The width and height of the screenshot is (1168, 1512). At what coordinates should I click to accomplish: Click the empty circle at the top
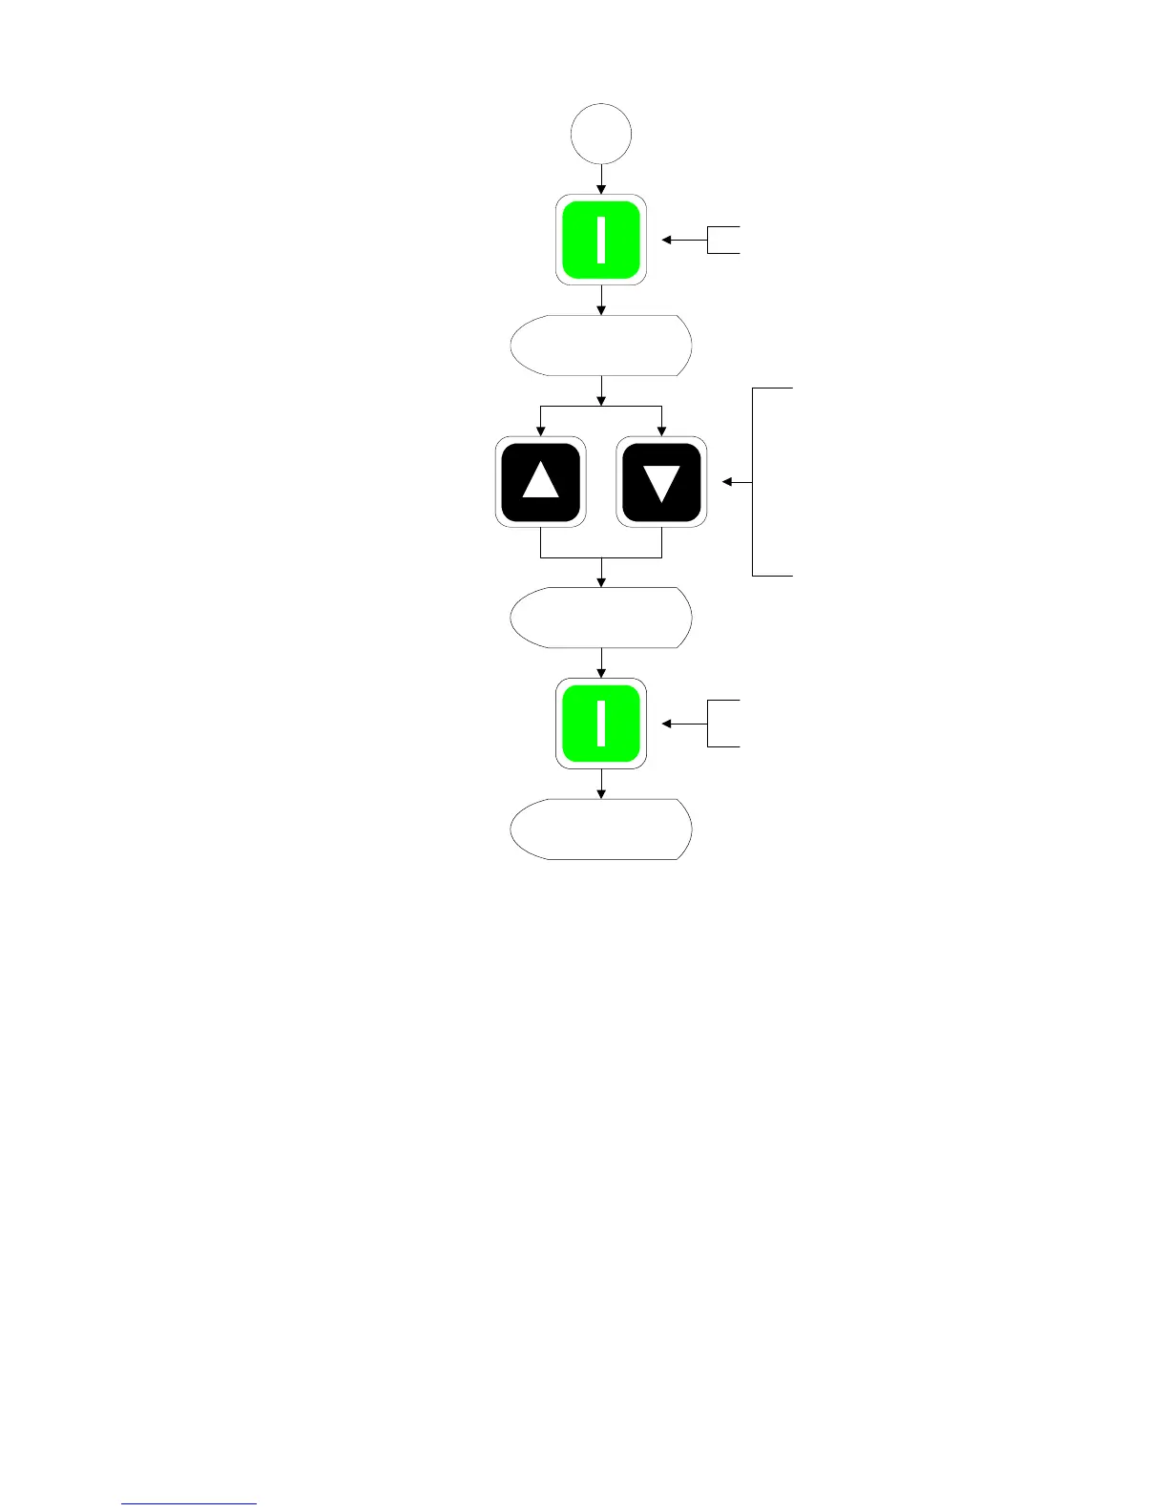pyautogui.click(x=601, y=134)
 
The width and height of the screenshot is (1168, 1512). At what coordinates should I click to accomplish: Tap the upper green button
pyautogui.click(x=601, y=240)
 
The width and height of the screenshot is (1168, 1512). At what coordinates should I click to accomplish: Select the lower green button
pyautogui.click(x=601, y=724)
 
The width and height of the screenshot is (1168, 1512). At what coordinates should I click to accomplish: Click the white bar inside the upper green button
pyautogui.click(x=601, y=240)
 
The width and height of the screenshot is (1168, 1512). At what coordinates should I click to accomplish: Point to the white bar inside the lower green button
pyautogui.click(x=601, y=724)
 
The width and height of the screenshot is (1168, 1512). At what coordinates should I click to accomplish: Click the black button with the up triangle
pyautogui.click(x=541, y=482)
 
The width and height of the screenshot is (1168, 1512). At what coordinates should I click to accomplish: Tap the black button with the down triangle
pyautogui.click(x=661, y=482)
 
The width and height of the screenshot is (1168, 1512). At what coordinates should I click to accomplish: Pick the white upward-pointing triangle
pyautogui.click(x=541, y=480)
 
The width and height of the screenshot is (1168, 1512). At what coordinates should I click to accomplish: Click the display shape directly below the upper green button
pyautogui.click(x=601, y=345)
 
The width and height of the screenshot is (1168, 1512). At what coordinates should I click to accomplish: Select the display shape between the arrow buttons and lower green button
pyautogui.click(x=601, y=618)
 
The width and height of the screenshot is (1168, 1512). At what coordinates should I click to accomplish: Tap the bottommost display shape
pyautogui.click(x=601, y=829)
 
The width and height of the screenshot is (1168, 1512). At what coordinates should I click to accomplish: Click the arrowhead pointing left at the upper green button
pyautogui.click(x=667, y=241)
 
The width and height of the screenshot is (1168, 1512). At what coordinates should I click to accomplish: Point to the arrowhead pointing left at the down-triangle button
pyautogui.click(x=726, y=482)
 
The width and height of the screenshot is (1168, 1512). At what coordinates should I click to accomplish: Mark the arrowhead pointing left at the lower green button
pyautogui.click(x=667, y=724)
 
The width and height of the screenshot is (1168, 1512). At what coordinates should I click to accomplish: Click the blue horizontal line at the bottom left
pyautogui.click(x=189, y=1503)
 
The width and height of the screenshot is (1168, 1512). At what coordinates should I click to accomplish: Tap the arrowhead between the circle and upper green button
pyautogui.click(x=601, y=189)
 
